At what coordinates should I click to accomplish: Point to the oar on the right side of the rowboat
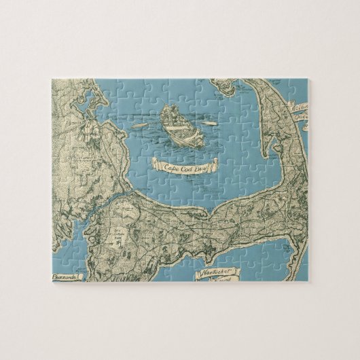click(x=202, y=124)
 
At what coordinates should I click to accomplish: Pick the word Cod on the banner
click(x=184, y=164)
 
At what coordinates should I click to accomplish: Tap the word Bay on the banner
click(x=201, y=163)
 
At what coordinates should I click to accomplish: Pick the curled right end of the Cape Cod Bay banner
click(x=216, y=163)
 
